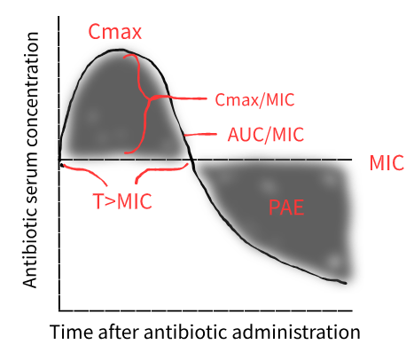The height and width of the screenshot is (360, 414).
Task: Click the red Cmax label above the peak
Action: click(x=115, y=32)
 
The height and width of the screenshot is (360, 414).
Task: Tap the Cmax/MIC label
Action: click(x=254, y=100)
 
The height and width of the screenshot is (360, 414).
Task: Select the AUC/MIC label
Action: click(x=266, y=135)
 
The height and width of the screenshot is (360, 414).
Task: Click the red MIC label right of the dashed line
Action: click(x=387, y=162)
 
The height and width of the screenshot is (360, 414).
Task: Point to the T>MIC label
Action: click(x=122, y=201)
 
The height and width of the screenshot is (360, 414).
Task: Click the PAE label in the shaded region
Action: click(x=286, y=207)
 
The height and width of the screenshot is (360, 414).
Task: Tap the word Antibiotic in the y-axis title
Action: click(x=30, y=244)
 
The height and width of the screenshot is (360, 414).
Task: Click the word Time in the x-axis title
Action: click(x=71, y=332)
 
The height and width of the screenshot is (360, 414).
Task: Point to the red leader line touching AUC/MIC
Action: click(x=200, y=135)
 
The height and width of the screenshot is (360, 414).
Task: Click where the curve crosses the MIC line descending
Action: click(x=192, y=160)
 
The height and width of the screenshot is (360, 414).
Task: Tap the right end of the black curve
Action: click(x=345, y=283)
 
